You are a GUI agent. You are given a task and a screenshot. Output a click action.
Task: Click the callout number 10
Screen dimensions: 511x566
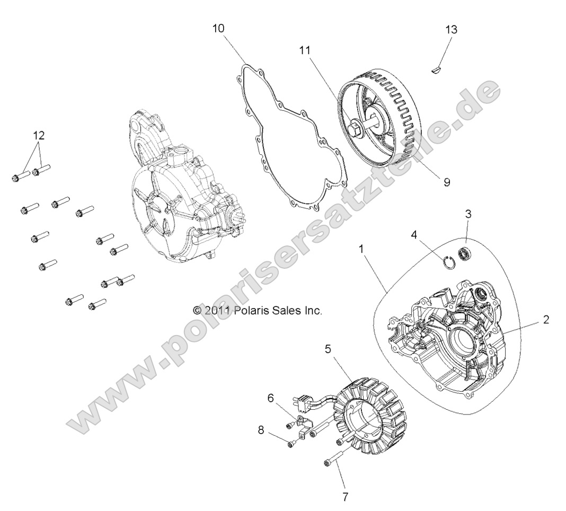(218, 28)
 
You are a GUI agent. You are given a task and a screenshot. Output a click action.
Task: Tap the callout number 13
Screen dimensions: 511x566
(451, 29)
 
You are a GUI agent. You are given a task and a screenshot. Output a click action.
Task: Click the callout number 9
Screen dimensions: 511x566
(446, 182)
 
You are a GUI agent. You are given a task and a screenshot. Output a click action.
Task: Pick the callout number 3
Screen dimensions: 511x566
(468, 214)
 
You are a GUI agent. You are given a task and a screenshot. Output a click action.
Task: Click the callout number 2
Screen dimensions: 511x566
(545, 320)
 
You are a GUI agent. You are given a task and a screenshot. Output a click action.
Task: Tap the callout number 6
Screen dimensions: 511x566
(270, 398)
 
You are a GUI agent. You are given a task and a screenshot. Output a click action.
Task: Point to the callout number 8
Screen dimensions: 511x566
(261, 430)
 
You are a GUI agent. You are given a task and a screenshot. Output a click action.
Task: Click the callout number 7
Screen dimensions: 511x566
(345, 497)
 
